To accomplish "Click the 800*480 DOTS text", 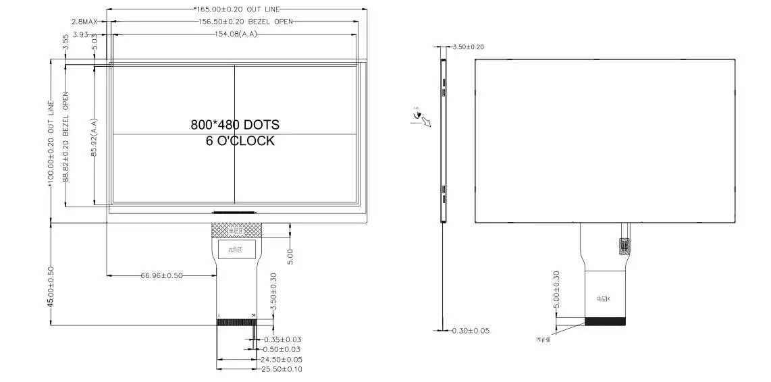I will [x=235, y=125].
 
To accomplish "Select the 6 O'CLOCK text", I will [x=240, y=141].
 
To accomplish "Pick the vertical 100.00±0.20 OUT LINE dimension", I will [x=51, y=142].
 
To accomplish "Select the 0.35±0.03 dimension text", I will [x=282, y=339].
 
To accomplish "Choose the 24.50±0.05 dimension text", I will [x=282, y=360].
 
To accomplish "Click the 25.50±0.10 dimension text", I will [x=282, y=369].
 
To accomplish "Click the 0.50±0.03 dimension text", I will [x=282, y=349].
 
